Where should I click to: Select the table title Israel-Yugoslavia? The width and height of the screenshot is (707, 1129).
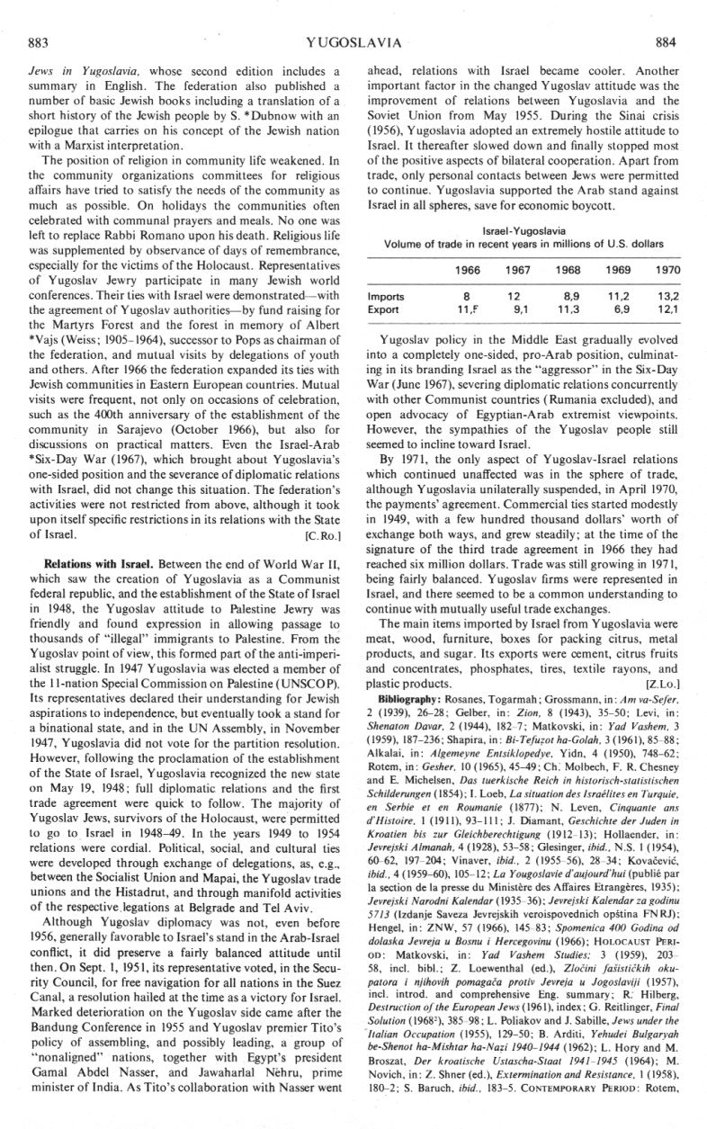(x=524, y=231)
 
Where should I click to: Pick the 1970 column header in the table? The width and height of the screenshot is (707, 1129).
(x=666, y=270)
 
